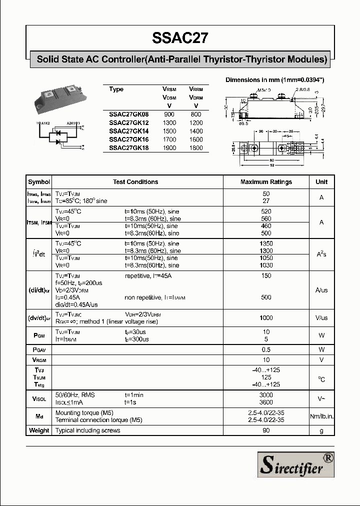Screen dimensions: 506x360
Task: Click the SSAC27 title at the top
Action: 180,38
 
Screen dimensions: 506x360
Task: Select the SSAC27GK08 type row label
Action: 129,114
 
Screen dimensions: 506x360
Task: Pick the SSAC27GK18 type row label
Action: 129,148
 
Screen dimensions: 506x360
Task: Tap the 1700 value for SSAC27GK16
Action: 169,139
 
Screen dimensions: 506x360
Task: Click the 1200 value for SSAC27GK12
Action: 196,122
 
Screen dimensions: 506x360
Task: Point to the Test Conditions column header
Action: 135,182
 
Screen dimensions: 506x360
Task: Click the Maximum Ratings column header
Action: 266,182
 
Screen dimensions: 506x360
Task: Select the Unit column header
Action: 321,182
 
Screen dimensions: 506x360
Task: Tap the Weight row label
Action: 39,430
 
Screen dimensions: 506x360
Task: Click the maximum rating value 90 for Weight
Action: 266,430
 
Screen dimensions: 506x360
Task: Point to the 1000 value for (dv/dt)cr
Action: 266,318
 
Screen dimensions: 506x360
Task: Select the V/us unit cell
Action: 321,318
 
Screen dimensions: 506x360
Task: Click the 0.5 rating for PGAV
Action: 266,349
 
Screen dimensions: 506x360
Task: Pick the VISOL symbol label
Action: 39,398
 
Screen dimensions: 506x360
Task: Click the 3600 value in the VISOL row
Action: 266,402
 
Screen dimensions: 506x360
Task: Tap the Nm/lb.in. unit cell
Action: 321,416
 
